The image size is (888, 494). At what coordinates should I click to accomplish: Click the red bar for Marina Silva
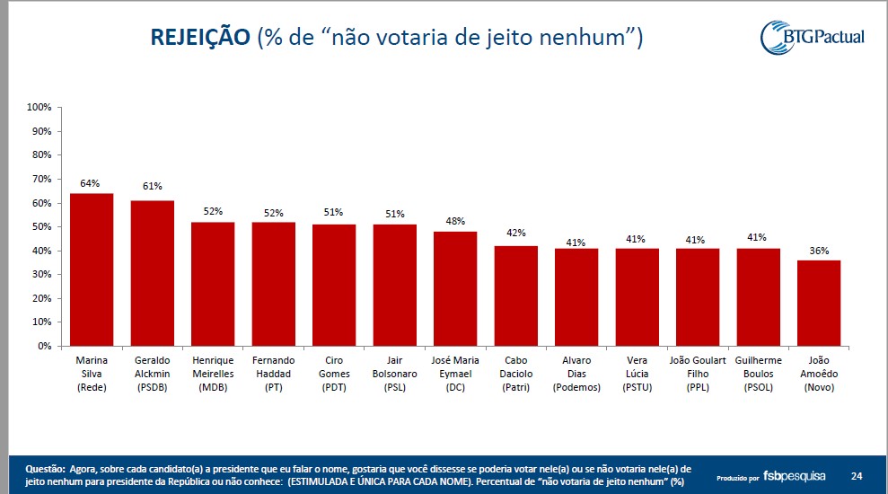(x=92, y=269)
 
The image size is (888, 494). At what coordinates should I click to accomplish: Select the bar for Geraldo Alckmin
(x=153, y=273)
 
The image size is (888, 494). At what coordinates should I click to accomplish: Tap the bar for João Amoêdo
(x=819, y=303)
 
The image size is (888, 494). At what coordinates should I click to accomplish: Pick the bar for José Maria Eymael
(x=455, y=288)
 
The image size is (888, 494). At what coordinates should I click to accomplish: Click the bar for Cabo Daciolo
(x=516, y=296)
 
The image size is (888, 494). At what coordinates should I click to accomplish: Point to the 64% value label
(x=90, y=183)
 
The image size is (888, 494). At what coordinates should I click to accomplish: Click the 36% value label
(x=819, y=251)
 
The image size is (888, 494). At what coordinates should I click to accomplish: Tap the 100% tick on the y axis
(x=39, y=107)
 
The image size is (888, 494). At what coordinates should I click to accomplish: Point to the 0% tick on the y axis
(x=43, y=346)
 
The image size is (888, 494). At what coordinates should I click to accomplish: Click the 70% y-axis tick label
(x=41, y=179)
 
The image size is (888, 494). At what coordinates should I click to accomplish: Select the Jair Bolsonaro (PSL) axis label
(x=394, y=374)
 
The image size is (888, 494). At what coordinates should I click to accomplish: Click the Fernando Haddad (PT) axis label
(x=273, y=374)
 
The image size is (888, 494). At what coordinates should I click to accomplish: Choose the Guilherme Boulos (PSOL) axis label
(x=759, y=374)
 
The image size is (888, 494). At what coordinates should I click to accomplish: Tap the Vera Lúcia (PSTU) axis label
(x=637, y=374)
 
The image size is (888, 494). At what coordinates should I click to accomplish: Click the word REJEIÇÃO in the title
(x=199, y=37)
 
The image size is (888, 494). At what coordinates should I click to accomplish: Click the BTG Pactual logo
(x=812, y=37)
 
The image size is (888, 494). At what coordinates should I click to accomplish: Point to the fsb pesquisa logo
(x=796, y=475)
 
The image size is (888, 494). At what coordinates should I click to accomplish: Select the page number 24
(x=857, y=475)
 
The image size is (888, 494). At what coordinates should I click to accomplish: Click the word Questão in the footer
(x=45, y=469)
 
